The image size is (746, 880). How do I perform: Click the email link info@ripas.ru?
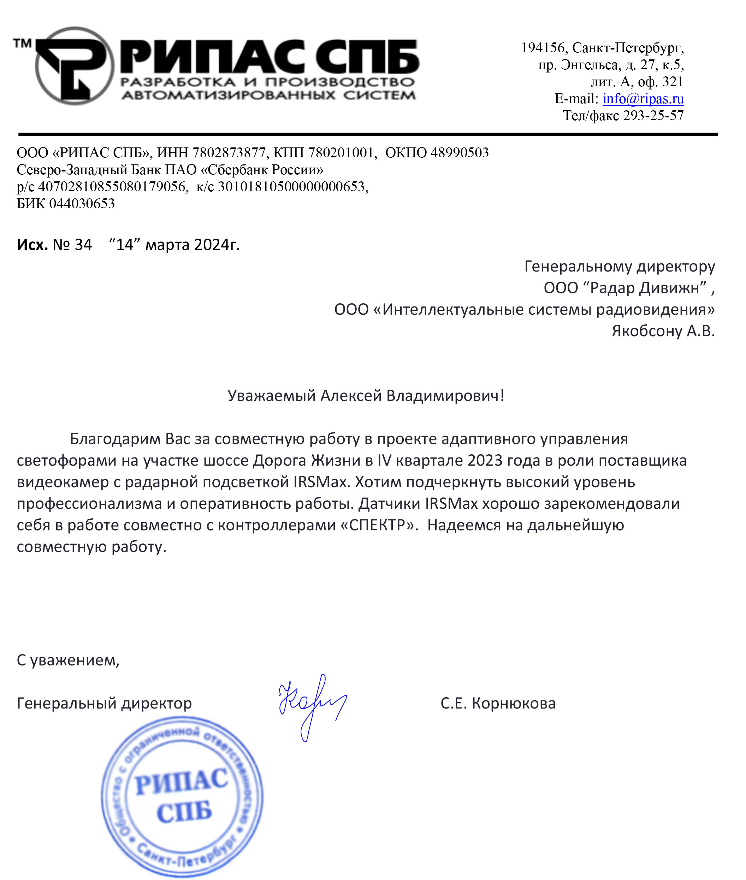pos(643,99)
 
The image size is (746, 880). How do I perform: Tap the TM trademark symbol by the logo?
pos(22,43)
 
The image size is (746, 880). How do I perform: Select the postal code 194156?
pos(543,48)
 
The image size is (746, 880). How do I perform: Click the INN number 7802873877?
pos(229,152)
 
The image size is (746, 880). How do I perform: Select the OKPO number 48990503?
pos(459,152)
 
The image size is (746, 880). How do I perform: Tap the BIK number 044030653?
pos(82,204)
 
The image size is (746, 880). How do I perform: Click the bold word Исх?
pos(32,245)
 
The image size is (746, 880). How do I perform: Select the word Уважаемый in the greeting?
pos(272,396)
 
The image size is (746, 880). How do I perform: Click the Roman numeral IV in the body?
pos(384,461)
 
